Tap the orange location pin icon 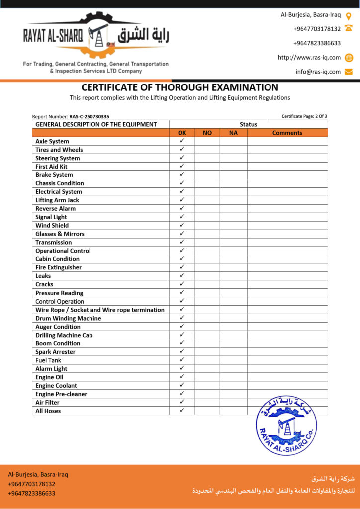click(x=349, y=15)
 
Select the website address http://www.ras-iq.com click(x=309, y=58)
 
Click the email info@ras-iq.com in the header click(x=318, y=72)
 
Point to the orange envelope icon click(x=349, y=72)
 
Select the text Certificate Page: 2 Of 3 click(x=304, y=116)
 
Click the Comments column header click(x=287, y=133)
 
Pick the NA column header click(x=233, y=133)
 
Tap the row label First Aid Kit click(x=51, y=167)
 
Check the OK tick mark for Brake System click(x=182, y=174)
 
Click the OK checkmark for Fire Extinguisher click(x=182, y=267)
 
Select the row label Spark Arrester click(x=55, y=352)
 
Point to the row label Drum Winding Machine click(x=68, y=318)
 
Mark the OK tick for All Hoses click(x=182, y=410)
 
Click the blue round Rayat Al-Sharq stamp click(x=286, y=425)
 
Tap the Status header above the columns click(x=248, y=124)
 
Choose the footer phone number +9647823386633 click(x=31, y=493)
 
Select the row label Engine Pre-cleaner click(x=61, y=394)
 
